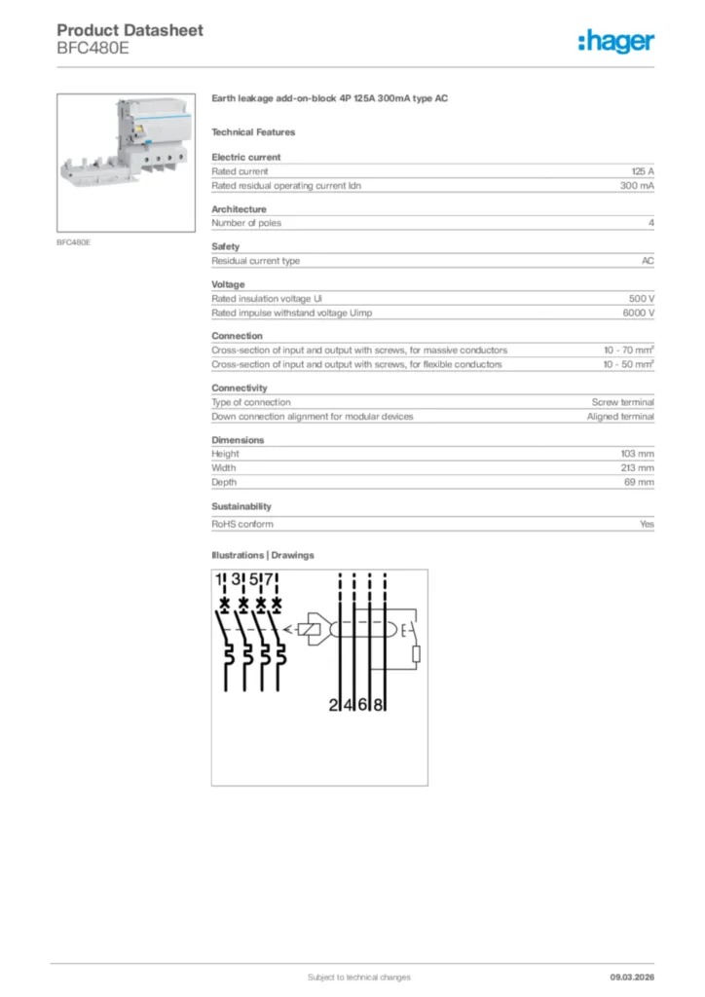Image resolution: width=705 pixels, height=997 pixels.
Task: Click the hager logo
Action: point(616,41)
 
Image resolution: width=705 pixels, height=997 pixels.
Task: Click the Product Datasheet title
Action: point(130,30)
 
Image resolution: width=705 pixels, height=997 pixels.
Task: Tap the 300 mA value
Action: point(637,185)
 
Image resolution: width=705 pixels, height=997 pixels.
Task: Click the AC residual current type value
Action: point(648,261)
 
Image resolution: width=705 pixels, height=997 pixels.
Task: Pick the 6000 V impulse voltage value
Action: point(639,313)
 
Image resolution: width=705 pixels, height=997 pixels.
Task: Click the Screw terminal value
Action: point(623,402)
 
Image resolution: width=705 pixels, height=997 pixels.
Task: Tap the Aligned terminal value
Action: point(620,416)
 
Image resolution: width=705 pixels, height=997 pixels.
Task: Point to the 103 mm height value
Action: point(638,454)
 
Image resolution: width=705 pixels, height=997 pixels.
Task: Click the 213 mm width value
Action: point(638,467)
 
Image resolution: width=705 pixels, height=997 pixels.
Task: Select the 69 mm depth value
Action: point(640,482)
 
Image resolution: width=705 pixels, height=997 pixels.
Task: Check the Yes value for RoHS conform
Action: point(647,524)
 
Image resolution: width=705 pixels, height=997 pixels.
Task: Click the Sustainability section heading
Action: point(241,506)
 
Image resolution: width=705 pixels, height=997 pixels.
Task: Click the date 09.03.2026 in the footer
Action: point(632,977)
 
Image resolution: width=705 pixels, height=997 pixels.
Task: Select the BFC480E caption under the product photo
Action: point(74,241)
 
